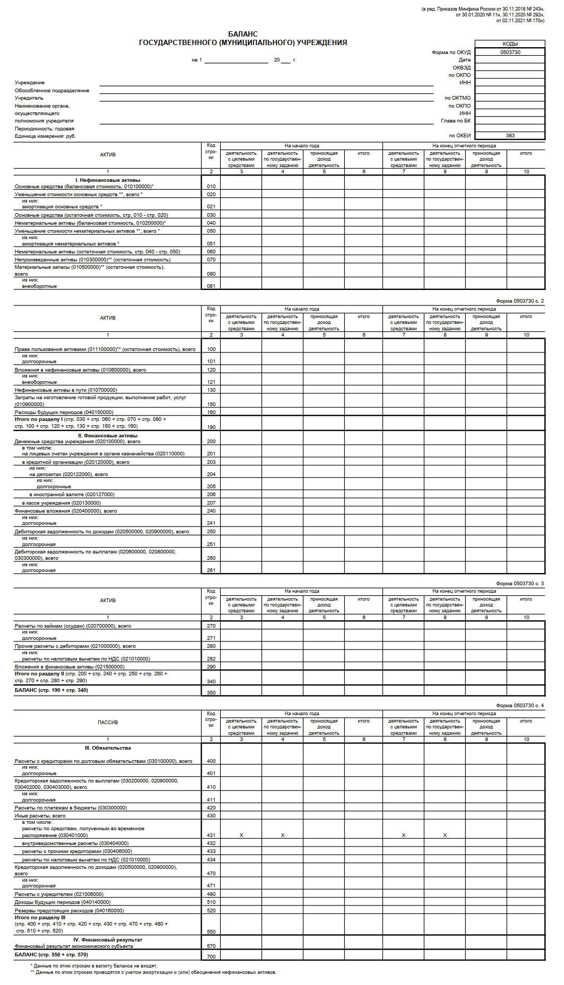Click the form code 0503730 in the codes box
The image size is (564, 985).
[510, 52]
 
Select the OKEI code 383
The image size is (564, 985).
[510, 135]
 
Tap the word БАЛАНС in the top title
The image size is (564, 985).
[243, 34]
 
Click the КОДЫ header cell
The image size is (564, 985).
[510, 44]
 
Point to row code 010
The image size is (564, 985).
[211, 187]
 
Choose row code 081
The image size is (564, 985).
[211, 286]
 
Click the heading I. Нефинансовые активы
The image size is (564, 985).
[108, 180]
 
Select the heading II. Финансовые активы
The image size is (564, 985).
[108, 435]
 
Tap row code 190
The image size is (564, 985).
[211, 427]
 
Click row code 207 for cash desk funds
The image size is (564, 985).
[211, 503]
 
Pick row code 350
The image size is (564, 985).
[211, 692]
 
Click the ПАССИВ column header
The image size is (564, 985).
[108, 722]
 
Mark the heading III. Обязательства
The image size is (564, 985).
[108, 748]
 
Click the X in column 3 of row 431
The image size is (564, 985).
[241, 835]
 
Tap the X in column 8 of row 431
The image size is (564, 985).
[445, 835]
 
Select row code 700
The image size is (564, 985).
[211, 956]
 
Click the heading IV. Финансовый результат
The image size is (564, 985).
[108, 939]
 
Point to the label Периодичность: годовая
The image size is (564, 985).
[45, 128]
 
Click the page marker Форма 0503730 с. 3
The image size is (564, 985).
[519, 583]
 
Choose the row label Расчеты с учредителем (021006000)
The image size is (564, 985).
[59, 894]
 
